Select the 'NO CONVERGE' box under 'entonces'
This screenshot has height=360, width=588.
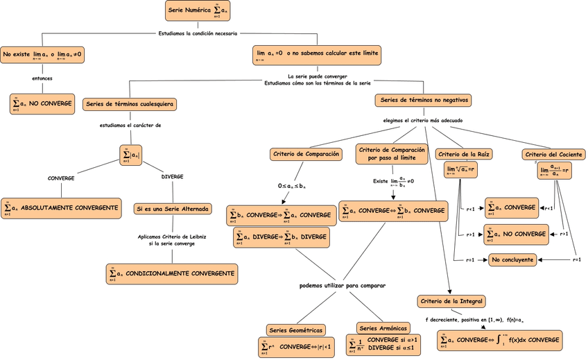(x=42, y=104)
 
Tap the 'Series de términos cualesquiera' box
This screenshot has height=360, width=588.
(x=129, y=104)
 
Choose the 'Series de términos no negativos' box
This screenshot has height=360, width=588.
(x=424, y=100)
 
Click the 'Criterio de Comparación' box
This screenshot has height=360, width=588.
(x=305, y=153)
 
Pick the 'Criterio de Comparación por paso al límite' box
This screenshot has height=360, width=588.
(x=392, y=153)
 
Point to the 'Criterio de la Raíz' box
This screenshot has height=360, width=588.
(x=464, y=154)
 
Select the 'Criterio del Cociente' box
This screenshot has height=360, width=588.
(x=553, y=154)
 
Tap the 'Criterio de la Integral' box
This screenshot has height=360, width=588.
(x=451, y=301)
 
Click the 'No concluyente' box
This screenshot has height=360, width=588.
(x=512, y=259)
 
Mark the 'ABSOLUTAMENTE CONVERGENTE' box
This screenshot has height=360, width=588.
(x=60, y=207)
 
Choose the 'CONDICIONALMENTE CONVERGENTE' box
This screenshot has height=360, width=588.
(x=171, y=274)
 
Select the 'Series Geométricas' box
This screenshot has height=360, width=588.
(x=295, y=330)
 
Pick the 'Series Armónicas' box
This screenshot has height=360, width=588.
(x=382, y=327)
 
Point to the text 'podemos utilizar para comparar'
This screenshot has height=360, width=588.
(x=342, y=285)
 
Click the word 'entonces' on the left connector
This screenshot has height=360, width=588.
(x=42, y=78)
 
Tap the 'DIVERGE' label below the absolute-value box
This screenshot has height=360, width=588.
(x=172, y=177)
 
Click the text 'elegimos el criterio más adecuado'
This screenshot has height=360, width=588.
(x=423, y=120)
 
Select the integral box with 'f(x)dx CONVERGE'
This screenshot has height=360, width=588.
(x=499, y=341)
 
